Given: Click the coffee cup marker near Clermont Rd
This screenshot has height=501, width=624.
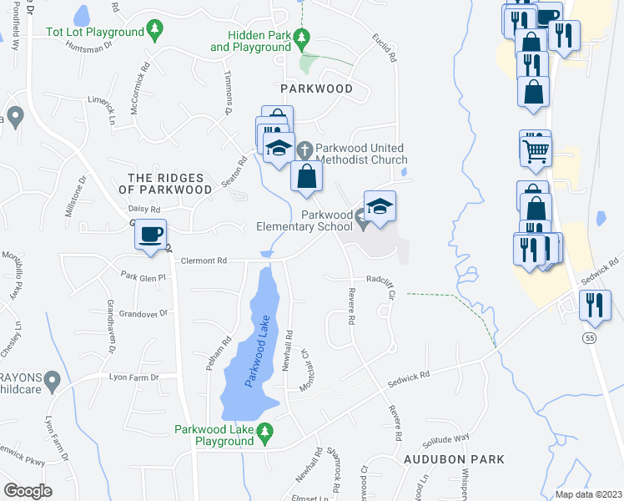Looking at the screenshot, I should click(x=150, y=235).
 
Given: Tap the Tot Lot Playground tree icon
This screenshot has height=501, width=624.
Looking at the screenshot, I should click(x=154, y=32).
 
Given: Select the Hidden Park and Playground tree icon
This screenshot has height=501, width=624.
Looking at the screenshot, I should click(x=303, y=38).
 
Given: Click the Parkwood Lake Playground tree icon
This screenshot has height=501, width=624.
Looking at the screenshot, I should click(x=265, y=432).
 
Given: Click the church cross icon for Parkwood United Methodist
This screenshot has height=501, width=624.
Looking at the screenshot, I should click(x=305, y=149).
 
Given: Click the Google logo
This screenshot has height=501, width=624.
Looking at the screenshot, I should click(x=28, y=490).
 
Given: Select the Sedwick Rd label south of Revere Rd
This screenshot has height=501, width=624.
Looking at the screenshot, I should click(x=408, y=379).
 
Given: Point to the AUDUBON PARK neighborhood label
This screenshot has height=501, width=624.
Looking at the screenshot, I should click(x=455, y=459).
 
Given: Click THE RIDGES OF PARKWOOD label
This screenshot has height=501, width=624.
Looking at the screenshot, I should click(x=170, y=184).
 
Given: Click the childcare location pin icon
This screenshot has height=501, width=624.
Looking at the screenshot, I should click(x=53, y=382).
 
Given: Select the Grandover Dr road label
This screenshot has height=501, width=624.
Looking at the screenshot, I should click(x=143, y=314).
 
